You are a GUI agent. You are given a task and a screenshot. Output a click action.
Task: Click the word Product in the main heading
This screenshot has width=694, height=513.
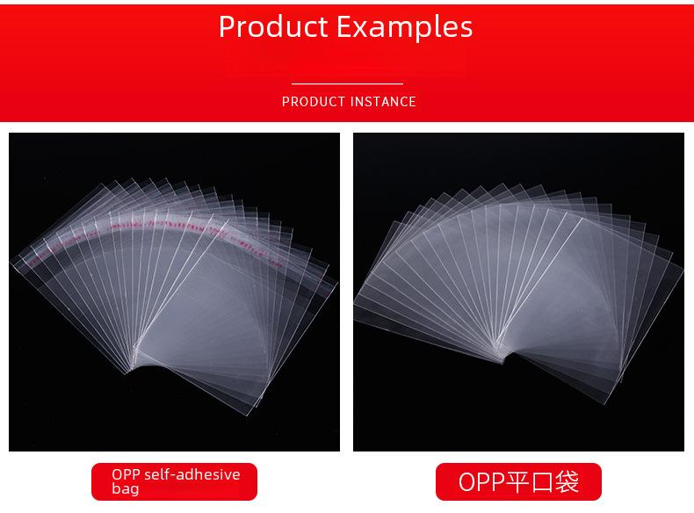pyautogui.click(x=273, y=27)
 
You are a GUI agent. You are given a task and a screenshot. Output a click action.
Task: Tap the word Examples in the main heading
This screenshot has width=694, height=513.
pyautogui.click(x=404, y=28)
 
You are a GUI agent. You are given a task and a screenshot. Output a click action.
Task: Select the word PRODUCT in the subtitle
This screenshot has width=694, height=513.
pyautogui.click(x=314, y=102)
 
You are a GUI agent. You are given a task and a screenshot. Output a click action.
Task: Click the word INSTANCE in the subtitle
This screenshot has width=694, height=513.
pyautogui.click(x=384, y=102)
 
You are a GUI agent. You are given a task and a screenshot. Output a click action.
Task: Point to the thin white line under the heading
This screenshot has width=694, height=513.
pyautogui.click(x=347, y=83)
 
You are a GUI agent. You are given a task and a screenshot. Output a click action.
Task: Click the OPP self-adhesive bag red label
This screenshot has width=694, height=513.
pyautogui.click(x=174, y=481)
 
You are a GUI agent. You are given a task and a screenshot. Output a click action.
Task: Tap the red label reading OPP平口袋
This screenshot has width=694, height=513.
pyautogui.click(x=518, y=481)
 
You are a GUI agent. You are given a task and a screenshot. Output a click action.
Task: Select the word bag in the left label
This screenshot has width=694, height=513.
pyautogui.click(x=126, y=488)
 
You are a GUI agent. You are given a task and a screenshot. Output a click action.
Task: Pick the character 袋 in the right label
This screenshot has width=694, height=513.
pyautogui.click(x=567, y=481)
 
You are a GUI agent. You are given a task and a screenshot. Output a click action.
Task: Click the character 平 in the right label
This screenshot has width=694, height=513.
pyautogui.click(x=518, y=481)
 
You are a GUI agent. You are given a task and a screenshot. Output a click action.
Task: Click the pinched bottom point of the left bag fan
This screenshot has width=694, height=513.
pyautogui.click(x=130, y=371)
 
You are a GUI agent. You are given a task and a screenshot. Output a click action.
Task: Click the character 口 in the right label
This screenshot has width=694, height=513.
pyautogui.click(x=543, y=482)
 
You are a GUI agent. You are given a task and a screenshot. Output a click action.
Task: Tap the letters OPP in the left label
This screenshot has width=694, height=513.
pyautogui.click(x=127, y=474)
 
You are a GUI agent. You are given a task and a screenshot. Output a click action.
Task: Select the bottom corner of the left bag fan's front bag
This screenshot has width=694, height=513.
pyautogui.click(x=247, y=415)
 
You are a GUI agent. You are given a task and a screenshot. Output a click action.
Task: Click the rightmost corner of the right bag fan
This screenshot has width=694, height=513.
pyautogui.click(x=683, y=264)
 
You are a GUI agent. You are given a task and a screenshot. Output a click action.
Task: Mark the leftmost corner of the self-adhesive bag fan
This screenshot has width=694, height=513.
pyautogui.click(x=11, y=261)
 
